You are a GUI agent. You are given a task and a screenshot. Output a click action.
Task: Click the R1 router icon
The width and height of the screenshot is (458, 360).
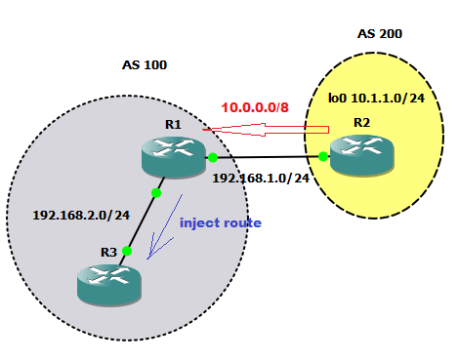pos(172,156)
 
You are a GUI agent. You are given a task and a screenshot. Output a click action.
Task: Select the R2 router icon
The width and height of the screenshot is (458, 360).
pos(361,155)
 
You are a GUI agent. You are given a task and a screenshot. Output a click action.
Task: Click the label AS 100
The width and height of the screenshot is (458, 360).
pos(144,65)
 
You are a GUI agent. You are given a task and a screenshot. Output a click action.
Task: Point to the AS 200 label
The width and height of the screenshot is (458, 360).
pos(380,34)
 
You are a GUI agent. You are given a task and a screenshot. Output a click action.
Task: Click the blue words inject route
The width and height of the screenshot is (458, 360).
pos(221,222)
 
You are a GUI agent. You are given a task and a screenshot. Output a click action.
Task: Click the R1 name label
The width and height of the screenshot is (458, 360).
pos(174,124)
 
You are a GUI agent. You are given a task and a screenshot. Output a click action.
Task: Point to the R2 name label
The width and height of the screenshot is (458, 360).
pos(361,123)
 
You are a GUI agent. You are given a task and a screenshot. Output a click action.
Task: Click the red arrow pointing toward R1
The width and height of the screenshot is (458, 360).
pos(264,127)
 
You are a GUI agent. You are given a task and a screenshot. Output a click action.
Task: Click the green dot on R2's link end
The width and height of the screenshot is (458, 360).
pos(323,155)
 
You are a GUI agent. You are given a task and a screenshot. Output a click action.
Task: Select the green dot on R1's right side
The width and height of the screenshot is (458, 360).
pos(212,156)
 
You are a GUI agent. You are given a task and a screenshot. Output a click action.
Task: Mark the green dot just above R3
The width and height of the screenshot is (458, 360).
pos(127,251)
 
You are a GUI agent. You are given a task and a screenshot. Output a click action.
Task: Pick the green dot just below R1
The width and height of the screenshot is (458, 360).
pos(156,192)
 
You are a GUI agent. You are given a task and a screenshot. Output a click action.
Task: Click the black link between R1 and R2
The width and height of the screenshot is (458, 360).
pos(268,156)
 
